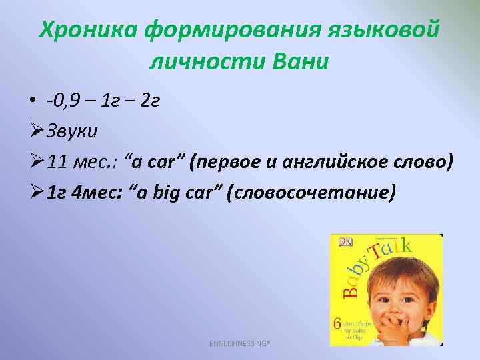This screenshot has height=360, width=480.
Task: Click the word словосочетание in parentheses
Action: [311, 193]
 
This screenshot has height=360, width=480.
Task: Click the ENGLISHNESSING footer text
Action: [241, 343]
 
